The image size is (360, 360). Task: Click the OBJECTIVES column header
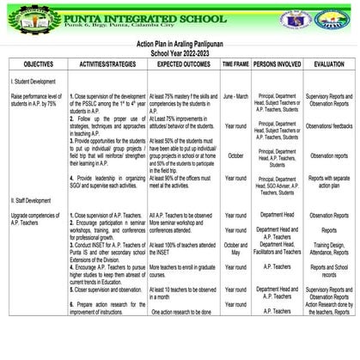pos(39,64)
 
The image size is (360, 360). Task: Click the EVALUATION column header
pos(328,64)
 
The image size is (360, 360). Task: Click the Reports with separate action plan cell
pos(328,182)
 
